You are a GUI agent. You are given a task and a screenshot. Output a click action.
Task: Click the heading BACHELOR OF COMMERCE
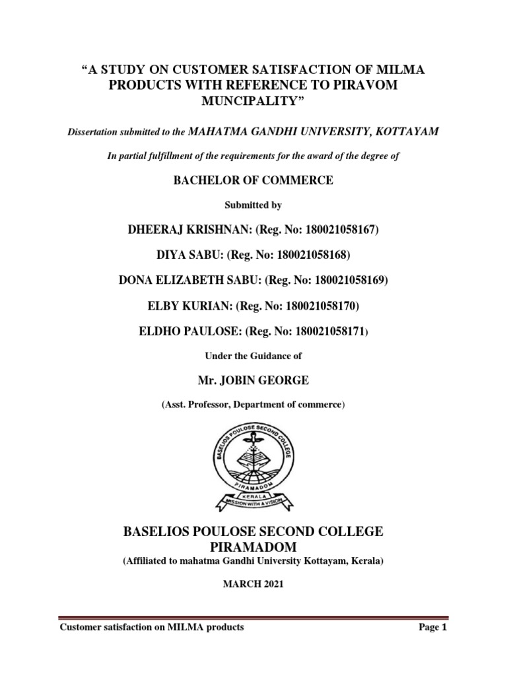pyautogui.click(x=253, y=180)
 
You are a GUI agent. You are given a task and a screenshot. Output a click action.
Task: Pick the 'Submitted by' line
pyautogui.click(x=253, y=205)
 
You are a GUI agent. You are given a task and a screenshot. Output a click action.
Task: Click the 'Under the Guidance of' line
pyautogui.click(x=253, y=355)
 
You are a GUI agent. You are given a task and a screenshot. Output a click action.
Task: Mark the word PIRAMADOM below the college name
pyautogui.click(x=253, y=548)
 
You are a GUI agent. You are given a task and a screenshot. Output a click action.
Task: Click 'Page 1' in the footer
pyautogui.click(x=434, y=627)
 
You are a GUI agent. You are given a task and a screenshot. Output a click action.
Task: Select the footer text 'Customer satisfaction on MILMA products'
pyautogui.click(x=152, y=627)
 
